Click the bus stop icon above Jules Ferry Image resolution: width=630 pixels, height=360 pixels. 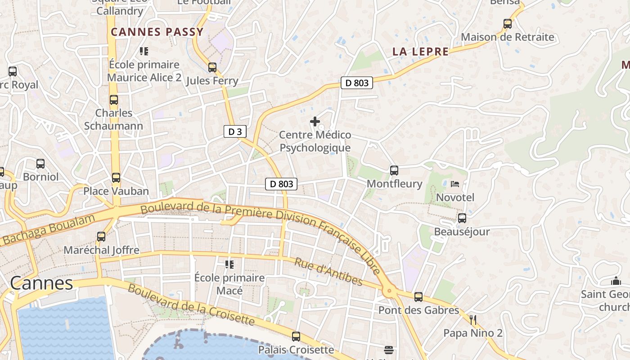(212, 67)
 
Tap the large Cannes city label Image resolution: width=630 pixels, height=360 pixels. (41, 283)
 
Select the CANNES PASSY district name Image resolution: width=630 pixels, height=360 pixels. (157, 32)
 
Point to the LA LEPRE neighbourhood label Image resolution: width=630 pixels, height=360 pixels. (420, 52)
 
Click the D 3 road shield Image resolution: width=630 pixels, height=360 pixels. (235, 131)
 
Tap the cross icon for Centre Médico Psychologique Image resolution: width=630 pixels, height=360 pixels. (315, 121)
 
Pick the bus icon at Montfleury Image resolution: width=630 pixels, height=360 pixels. (394, 170)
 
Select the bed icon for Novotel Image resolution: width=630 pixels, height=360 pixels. (455, 184)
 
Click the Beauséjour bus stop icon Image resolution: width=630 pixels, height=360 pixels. (462, 218)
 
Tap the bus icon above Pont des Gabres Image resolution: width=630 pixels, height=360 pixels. (418, 297)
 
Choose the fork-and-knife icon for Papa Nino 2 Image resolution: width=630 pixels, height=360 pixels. (472, 320)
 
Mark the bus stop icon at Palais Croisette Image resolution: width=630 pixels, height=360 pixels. (296, 336)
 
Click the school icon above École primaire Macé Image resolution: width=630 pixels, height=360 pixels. (229, 264)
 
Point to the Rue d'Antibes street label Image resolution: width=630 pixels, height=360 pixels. (328, 271)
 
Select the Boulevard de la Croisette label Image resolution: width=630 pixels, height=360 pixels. (191, 304)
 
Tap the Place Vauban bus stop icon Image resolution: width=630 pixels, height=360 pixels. (116, 177)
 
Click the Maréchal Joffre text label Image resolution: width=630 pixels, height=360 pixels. (101, 250)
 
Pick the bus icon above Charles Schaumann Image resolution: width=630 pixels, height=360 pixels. (114, 100)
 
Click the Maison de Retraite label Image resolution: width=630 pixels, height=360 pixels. (508, 37)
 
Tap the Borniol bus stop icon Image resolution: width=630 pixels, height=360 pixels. (40, 163)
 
